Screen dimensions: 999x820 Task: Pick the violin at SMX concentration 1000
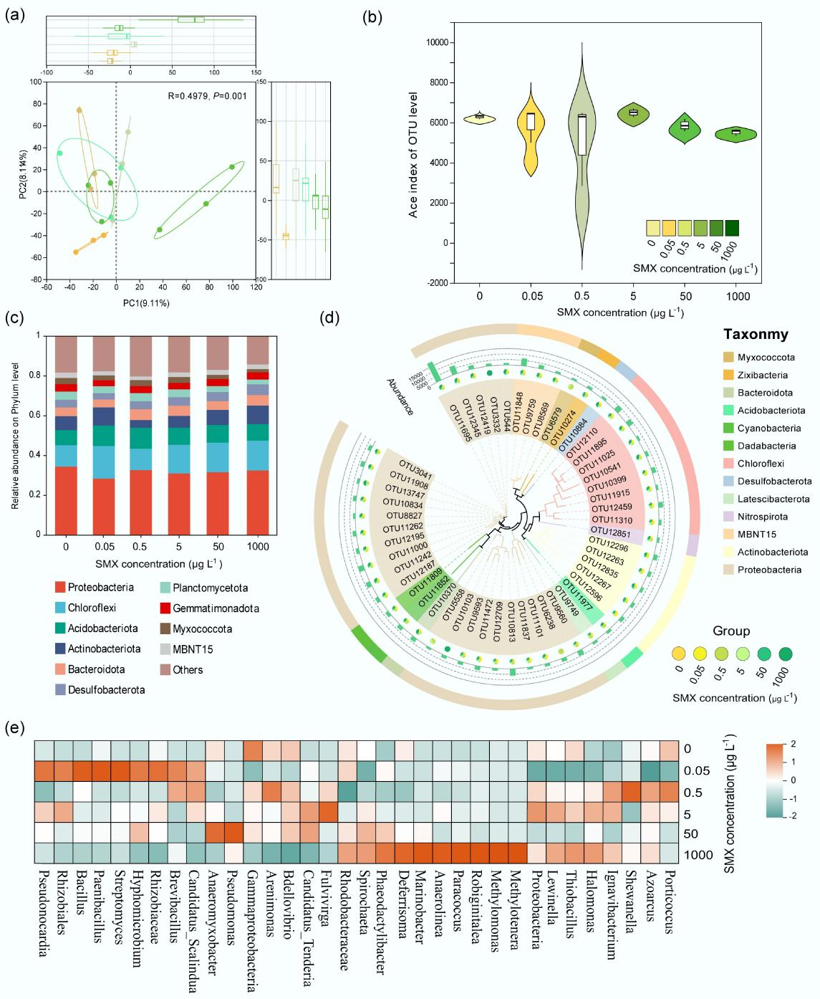coord(737,133)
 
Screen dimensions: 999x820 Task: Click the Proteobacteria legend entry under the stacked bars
coord(100,588)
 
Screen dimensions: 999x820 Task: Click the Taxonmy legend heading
coord(756,334)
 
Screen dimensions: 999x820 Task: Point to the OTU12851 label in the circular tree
coord(610,533)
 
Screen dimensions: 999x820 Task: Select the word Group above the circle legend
coord(731,631)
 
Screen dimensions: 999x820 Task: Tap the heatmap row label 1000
coord(699,855)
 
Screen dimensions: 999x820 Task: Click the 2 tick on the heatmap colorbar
coord(794,744)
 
